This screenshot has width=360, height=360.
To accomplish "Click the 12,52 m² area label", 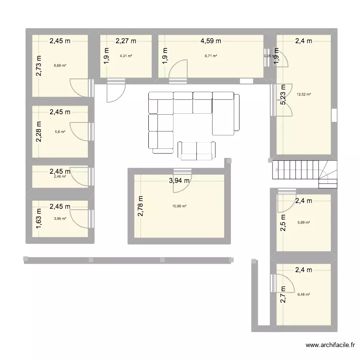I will (303, 94).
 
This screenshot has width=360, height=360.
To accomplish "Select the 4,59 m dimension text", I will (211, 41).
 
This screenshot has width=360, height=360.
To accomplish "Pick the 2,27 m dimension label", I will (126, 41).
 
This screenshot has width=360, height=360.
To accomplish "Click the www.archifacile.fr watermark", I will (331, 345).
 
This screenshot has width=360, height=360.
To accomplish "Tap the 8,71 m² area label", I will (211, 56).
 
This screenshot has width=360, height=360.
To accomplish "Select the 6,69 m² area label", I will (60, 65).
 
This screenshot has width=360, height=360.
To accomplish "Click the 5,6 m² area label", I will (60, 132).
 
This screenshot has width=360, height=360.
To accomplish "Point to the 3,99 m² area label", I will (60, 218).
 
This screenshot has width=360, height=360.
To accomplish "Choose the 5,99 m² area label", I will (303, 222).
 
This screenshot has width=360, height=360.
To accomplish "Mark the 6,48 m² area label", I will (303, 295).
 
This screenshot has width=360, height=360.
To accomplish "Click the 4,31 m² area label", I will (126, 56).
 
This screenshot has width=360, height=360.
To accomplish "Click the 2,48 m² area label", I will (60, 176).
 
